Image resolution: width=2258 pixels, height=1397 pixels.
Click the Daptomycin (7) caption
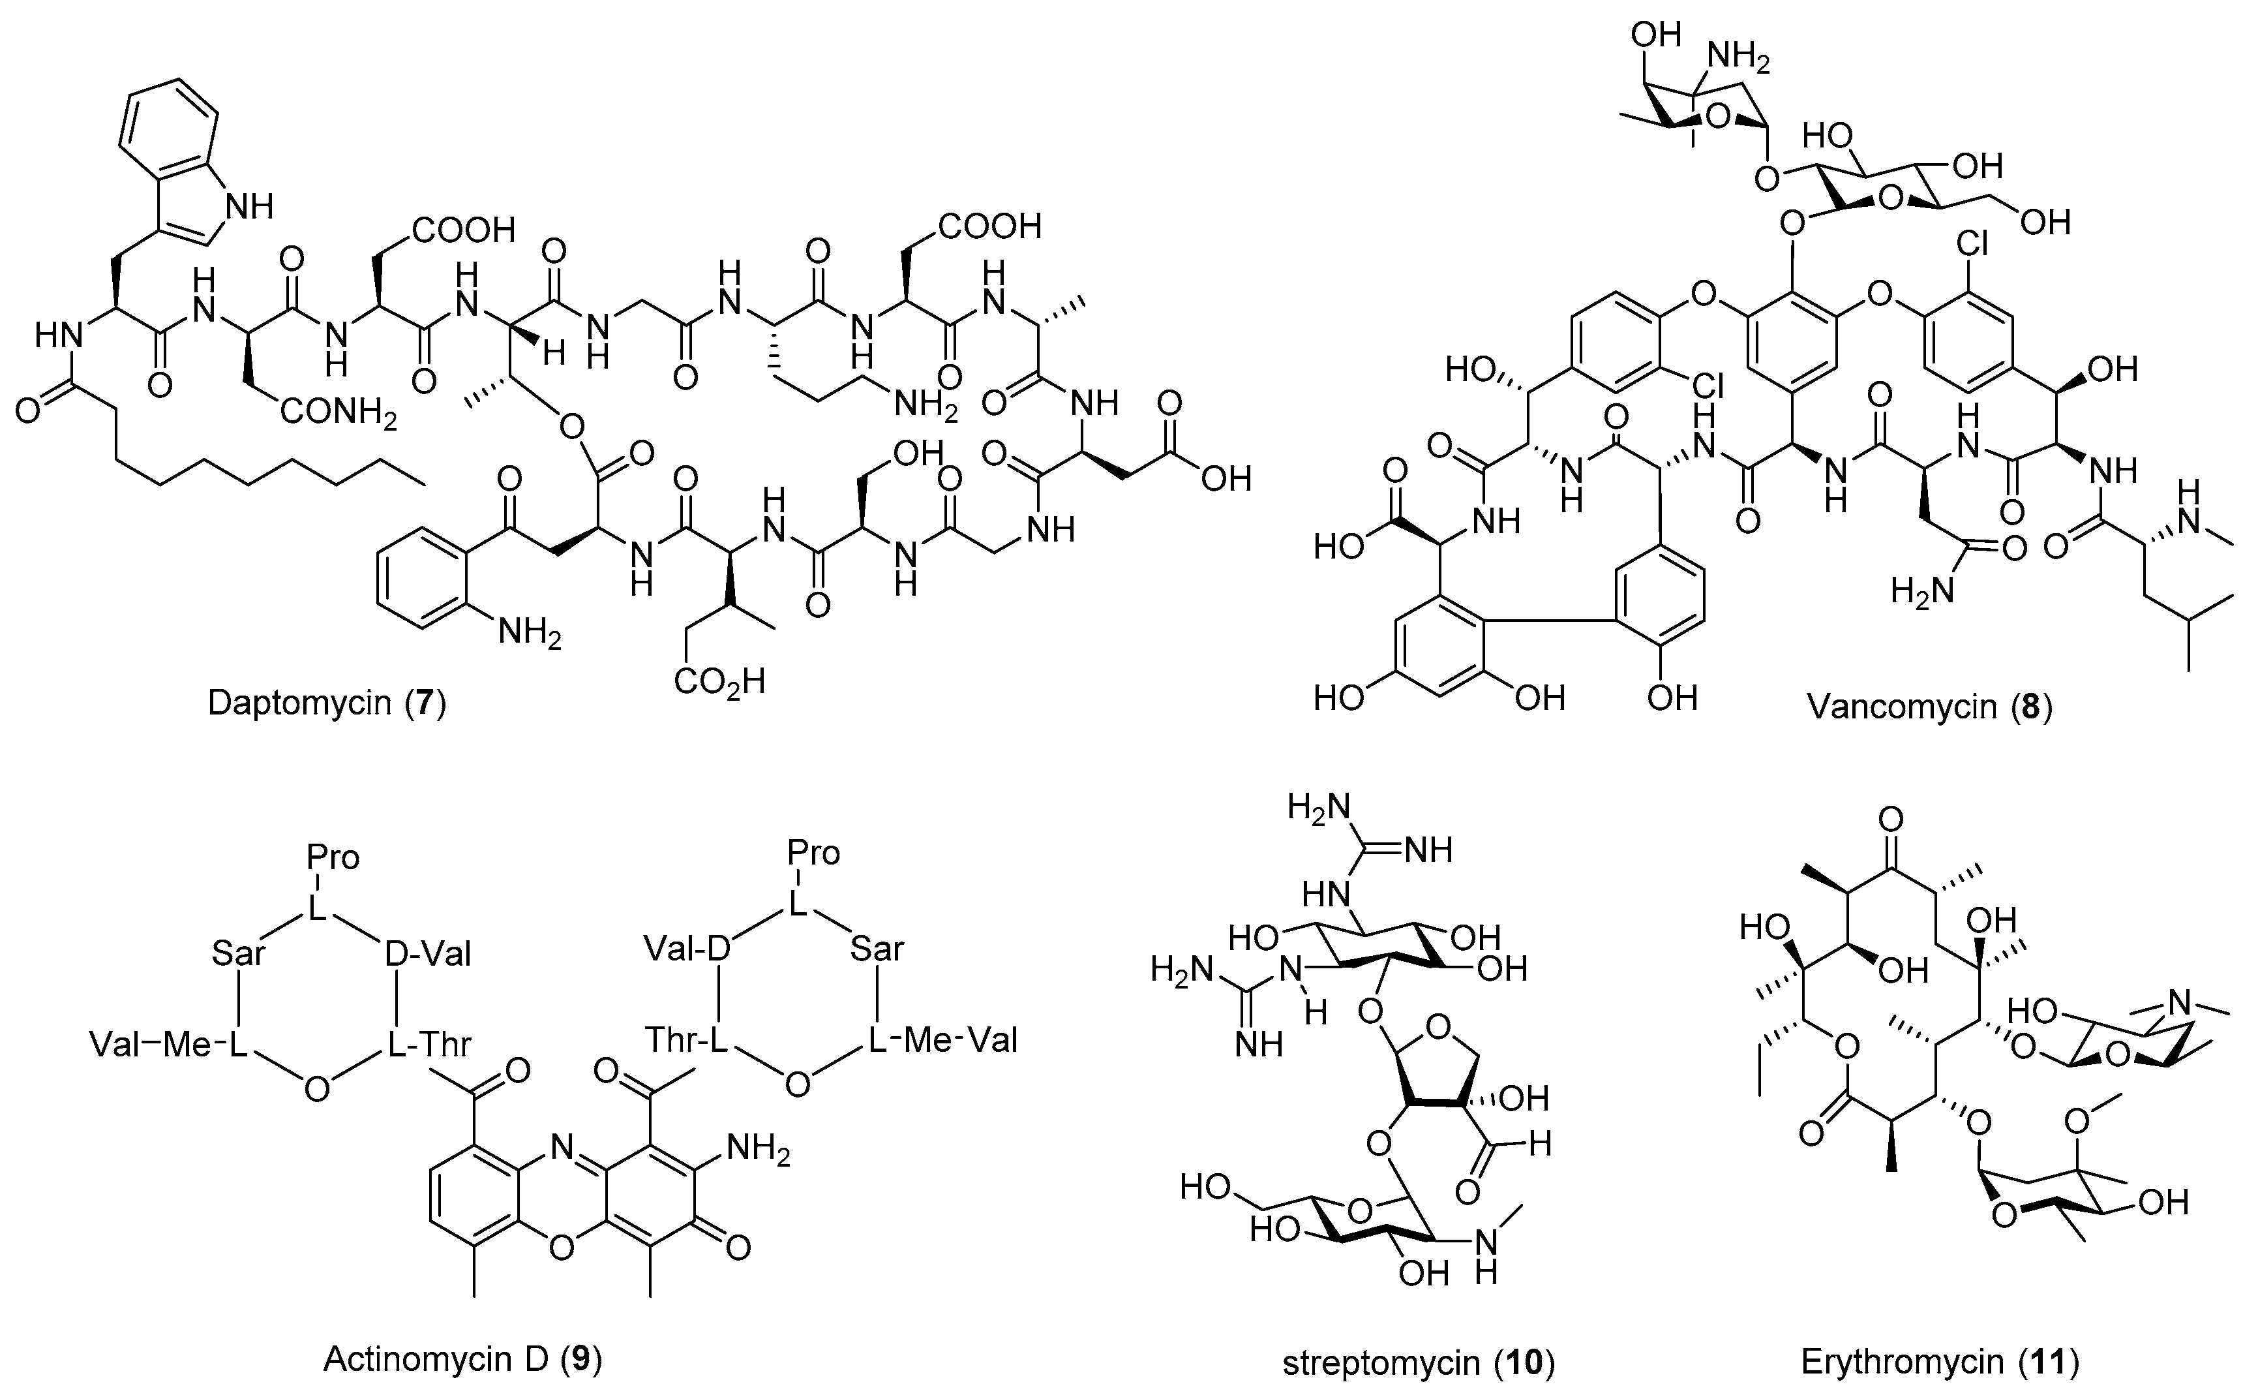click(326, 703)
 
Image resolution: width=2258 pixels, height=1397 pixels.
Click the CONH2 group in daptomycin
click(338, 413)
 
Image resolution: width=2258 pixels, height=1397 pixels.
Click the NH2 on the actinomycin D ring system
click(758, 1150)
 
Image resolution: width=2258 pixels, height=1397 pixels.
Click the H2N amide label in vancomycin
click(1921, 589)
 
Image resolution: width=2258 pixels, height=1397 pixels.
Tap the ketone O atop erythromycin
click(1890, 820)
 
